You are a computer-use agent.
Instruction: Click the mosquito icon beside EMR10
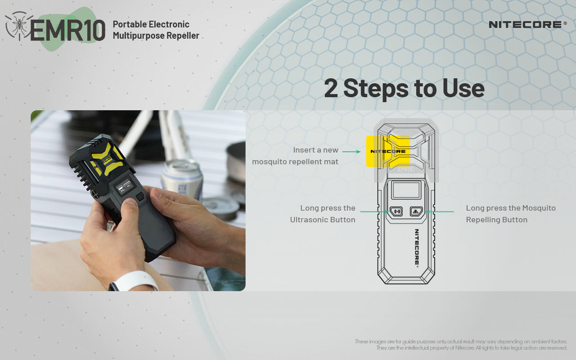18,26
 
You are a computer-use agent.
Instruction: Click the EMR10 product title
67,30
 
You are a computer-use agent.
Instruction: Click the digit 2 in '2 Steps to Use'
331,88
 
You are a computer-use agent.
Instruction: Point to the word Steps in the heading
376,89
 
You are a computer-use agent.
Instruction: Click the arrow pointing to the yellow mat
351,152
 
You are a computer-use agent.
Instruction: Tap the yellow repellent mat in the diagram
388,152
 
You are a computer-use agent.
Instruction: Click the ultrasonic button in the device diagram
396,211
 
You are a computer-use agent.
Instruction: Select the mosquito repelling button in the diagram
416,211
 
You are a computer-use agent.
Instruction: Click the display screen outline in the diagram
406,190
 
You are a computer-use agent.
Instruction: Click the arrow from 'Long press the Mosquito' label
440,211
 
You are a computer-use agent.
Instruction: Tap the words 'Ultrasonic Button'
323,220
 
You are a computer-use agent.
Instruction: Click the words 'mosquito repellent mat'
295,162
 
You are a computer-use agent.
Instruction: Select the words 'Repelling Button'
496,220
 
